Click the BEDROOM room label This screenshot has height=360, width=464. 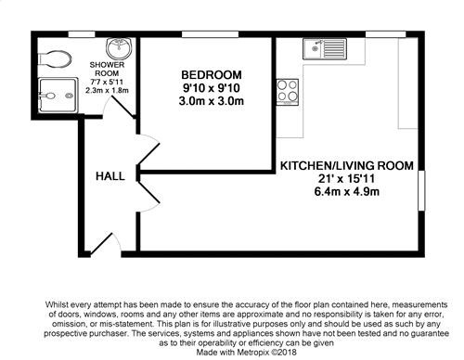coord(212,75)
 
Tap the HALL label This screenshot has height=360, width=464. coord(110,176)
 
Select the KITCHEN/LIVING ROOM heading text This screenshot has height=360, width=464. coord(347,166)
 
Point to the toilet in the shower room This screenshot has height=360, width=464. coord(55,59)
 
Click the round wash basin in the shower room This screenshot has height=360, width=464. coord(119,48)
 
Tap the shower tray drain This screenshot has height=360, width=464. coord(70,96)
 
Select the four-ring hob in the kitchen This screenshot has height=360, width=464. coord(288,92)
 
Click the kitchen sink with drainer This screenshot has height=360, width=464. coord(325,49)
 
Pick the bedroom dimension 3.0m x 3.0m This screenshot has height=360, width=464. coord(212,101)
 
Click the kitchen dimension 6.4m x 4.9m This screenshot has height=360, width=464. coord(347,192)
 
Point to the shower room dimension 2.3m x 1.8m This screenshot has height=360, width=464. coord(107,91)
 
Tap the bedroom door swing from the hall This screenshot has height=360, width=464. coord(149,151)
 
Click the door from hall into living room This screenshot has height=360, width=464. coord(149,194)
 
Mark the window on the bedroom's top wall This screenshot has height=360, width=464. coord(210,34)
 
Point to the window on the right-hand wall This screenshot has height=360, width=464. coord(421,191)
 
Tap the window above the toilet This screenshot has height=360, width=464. coord(82,34)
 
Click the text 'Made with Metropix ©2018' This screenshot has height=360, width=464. coord(247,353)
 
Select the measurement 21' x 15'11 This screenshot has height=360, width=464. coord(346,179)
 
